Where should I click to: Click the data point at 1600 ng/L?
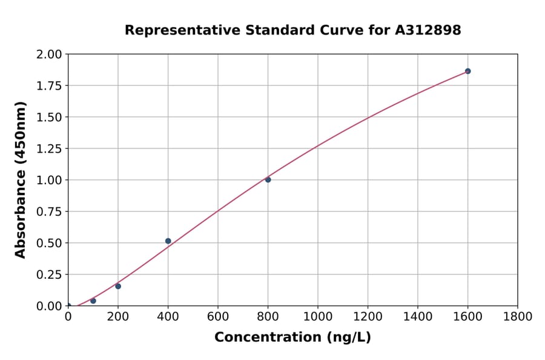(x=467, y=71)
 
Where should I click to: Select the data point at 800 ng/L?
(x=268, y=179)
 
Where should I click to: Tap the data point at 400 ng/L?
(x=168, y=241)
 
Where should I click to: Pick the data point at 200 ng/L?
(x=118, y=286)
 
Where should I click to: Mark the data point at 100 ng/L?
(x=93, y=301)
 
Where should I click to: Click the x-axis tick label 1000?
(x=317, y=316)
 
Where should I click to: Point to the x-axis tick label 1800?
(x=517, y=316)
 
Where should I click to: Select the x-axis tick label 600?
(x=217, y=316)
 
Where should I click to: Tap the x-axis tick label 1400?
(x=417, y=316)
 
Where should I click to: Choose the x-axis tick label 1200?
(x=368, y=316)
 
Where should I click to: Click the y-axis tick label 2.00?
(x=49, y=55)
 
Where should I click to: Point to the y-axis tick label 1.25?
(x=49, y=148)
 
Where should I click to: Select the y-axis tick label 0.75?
(x=49, y=212)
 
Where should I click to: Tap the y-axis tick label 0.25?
(x=49, y=275)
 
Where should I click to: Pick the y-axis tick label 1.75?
(x=49, y=85)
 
